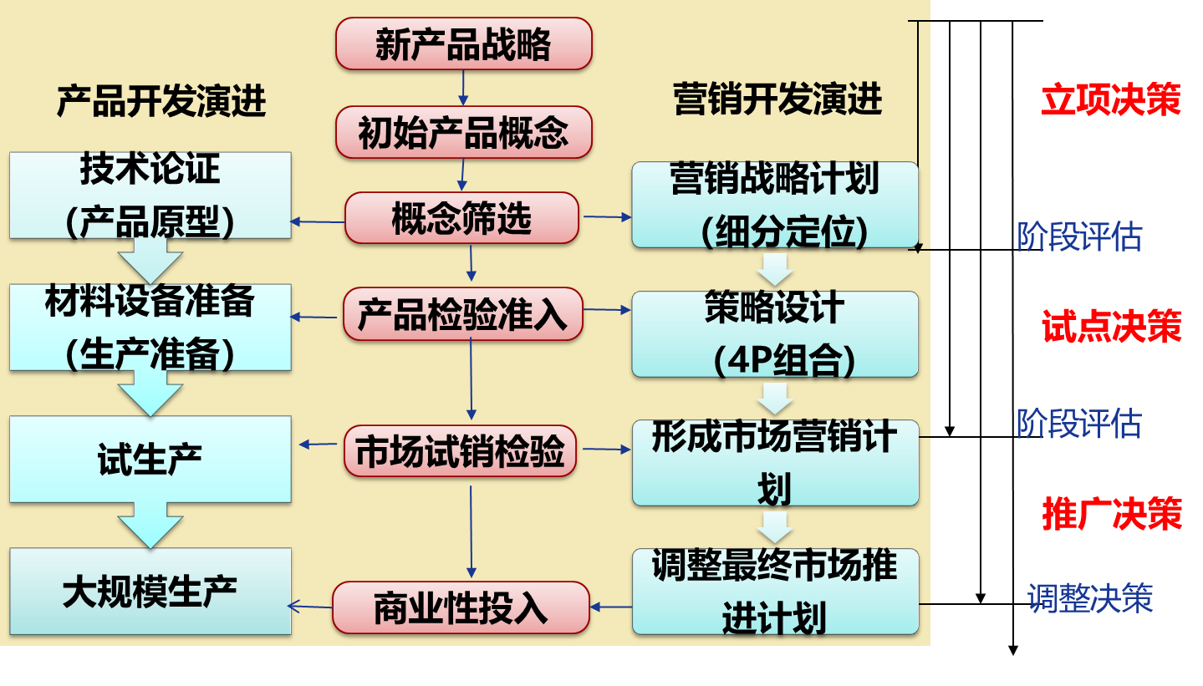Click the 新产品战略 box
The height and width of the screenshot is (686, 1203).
[x=463, y=44]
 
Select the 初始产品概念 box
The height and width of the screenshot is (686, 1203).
[x=463, y=132]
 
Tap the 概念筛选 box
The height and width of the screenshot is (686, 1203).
[x=461, y=218]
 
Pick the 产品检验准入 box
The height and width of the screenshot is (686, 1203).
[x=462, y=314]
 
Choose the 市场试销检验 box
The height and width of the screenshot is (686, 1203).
[x=460, y=451]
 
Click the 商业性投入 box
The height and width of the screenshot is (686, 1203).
[x=461, y=607]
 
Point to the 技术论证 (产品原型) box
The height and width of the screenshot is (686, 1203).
[x=150, y=196]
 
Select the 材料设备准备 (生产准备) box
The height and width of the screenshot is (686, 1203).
[x=150, y=328]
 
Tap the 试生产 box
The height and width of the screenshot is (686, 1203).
[x=150, y=460]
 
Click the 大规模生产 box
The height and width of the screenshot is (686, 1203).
[x=150, y=592]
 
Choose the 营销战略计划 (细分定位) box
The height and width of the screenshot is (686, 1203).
[x=775, y=206]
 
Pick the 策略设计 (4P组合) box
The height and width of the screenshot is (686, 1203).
[x=775, y=334]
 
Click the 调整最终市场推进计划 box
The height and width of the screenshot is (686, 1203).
[x=775, y=592]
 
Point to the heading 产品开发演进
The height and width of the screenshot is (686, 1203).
[x=161, y=101]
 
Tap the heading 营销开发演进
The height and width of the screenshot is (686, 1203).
[x=777, y=99]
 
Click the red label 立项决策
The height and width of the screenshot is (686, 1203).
[x=1110, y=100]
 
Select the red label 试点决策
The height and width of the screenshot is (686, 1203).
[x=1111, y=327]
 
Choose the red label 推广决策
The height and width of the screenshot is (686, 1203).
[x=1111, y=514]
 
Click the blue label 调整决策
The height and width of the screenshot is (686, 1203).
[x=1090, y=598]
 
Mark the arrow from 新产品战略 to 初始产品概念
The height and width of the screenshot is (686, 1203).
[x=463, y=88]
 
